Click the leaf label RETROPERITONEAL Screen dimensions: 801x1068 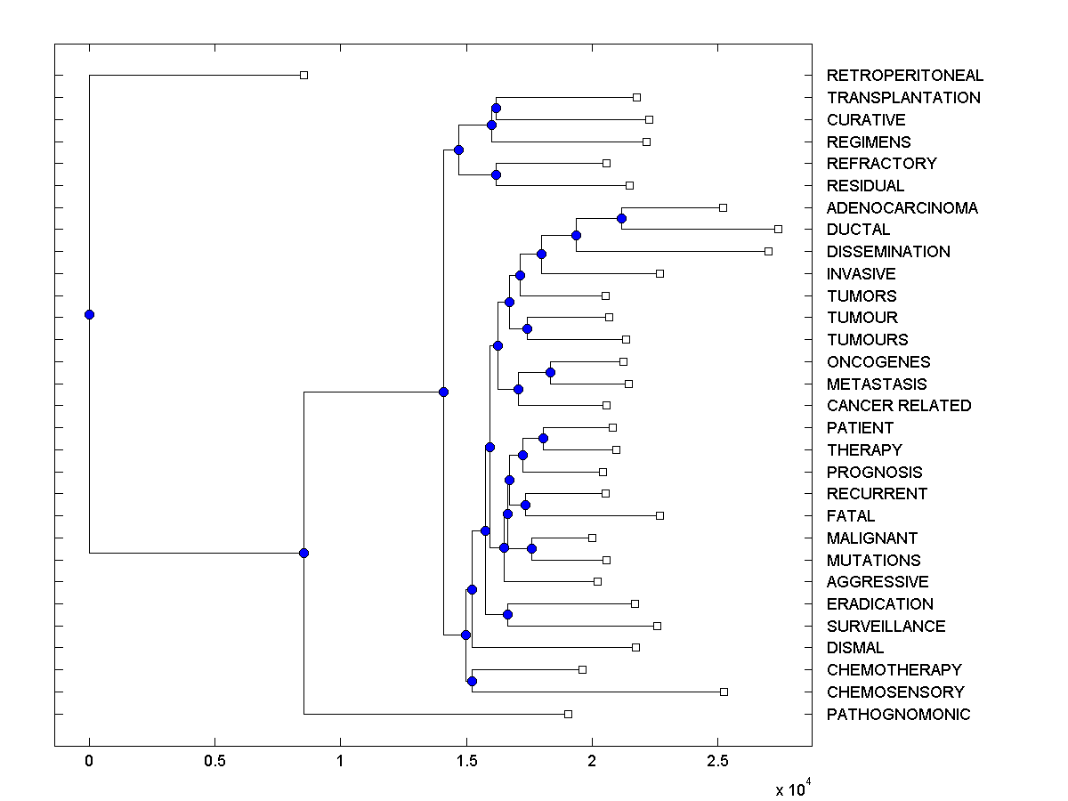coord(904,76)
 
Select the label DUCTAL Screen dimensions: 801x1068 coord(858,230)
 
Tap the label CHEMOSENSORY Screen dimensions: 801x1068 coord(894,692)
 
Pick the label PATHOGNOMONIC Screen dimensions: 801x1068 coord(898,715)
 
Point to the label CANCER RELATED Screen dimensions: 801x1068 coord(898,406)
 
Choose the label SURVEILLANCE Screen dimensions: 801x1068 coord(886,627)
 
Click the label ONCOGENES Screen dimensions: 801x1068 coord(878,362)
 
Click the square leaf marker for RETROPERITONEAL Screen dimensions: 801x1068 coord(303,76)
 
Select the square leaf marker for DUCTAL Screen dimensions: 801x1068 coord(778,229)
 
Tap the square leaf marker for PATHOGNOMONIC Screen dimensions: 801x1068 coord(568,714)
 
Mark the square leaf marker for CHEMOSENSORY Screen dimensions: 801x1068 coord(724,692)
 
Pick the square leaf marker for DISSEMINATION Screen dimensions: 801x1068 coord(768,251)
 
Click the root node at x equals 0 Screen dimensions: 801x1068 coord(89,314)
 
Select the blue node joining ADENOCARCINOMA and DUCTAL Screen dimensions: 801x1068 coord(621,218)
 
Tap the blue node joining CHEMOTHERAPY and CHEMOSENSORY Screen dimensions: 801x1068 coord(472,681)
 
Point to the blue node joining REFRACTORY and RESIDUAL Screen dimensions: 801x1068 coord(496,174)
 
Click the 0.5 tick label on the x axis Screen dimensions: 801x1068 coord(214,762)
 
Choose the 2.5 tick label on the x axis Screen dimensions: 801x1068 coord(717,762)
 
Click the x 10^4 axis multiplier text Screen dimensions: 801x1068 coord(791,789)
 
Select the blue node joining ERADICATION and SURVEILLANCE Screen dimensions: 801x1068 coord(507,614)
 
